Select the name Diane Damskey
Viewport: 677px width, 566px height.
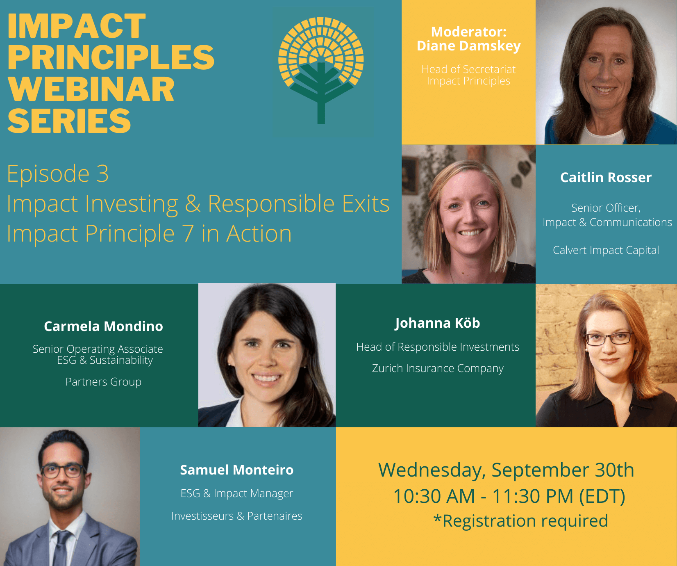pos(468,46)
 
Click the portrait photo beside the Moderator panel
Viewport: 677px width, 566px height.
pos(606,72)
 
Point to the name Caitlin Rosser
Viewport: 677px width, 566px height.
pos(606,178)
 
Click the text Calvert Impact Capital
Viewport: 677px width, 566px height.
pos(606,250)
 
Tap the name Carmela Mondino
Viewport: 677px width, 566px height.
pos(103,326)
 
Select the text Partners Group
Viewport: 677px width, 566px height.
pos(103,382)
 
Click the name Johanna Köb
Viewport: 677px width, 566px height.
pos(437,323)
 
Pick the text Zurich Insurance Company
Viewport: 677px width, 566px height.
pos(437,368)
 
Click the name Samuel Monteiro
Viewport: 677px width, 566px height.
pos(236,470)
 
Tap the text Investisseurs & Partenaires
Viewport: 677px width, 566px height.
pos(236,516)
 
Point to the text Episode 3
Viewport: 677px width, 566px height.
pos(58,173)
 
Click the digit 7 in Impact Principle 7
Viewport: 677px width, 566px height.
pos(188,234)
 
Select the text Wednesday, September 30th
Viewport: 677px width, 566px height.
pos(506,470)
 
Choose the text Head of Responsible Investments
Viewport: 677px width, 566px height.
pos(437,347)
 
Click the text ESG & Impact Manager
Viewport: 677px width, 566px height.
pos(236,493)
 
